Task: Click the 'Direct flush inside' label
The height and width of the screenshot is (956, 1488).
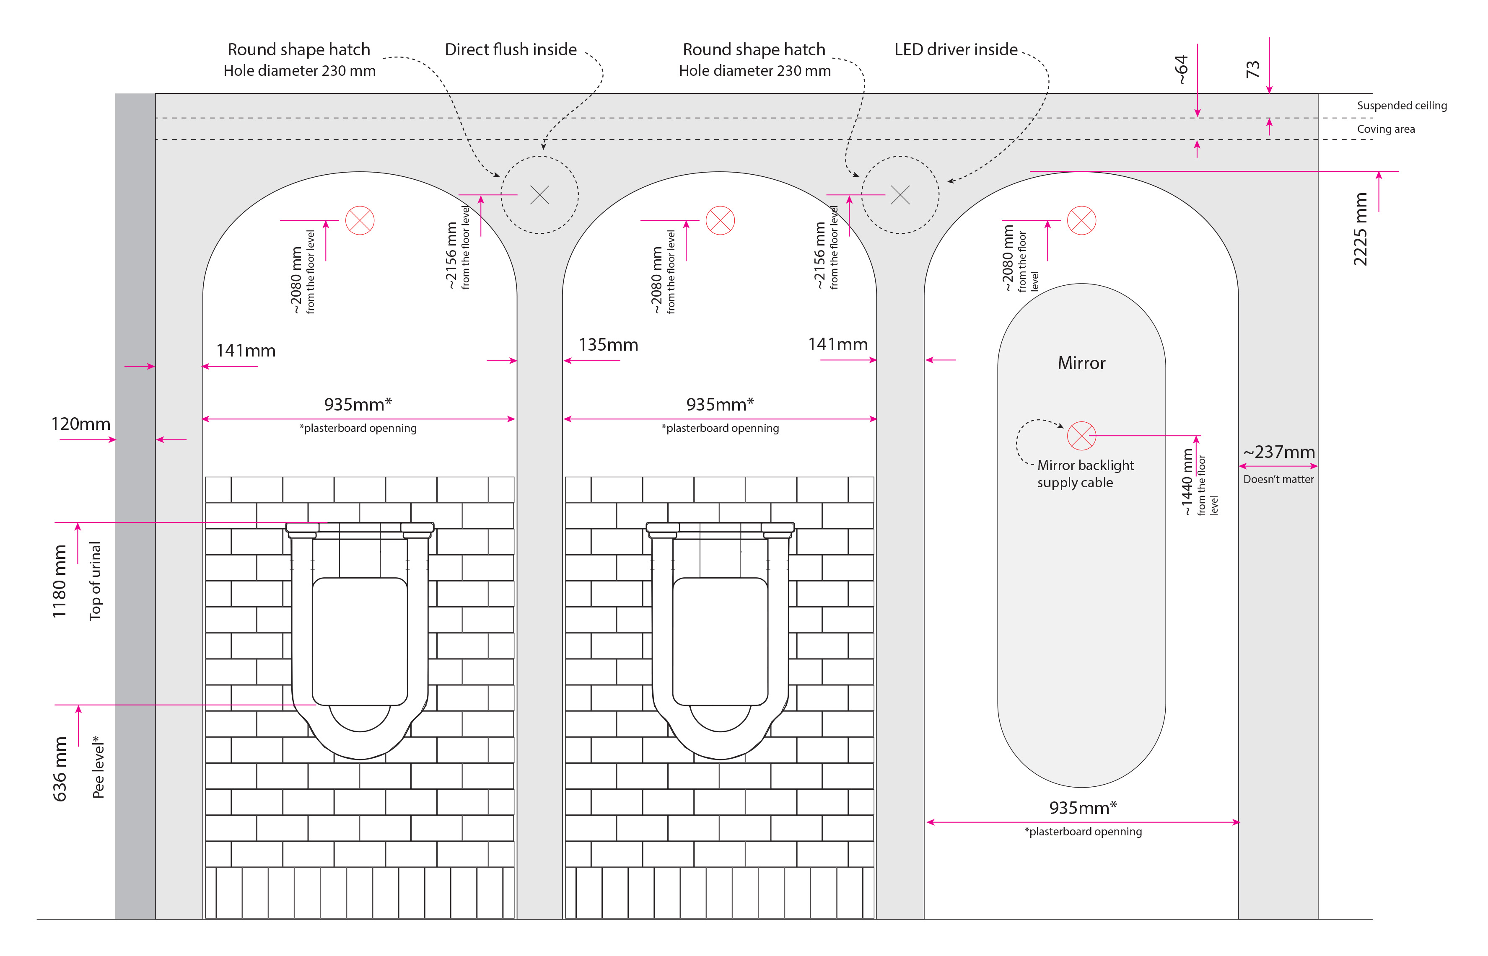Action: (511, 50)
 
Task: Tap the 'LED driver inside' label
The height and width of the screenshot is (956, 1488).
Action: (955, 50)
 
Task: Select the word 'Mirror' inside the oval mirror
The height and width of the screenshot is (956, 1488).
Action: (1081, 363)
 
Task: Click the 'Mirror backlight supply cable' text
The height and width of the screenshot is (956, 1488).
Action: (1084, 474)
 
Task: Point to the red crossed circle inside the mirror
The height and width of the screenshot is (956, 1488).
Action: (1081, 436)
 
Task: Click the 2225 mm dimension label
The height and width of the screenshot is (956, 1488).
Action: (1360, 229)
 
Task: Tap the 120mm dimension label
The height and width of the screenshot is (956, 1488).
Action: (81, 424)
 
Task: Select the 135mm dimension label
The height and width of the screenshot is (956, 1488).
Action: (608, 345)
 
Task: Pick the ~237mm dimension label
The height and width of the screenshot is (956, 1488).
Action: (1279, 452)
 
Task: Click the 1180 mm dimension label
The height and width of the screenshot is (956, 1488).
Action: (59, 581)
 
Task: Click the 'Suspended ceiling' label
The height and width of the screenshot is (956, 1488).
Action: (1401, 106)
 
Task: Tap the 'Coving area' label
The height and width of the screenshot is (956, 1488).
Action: (1386, 129)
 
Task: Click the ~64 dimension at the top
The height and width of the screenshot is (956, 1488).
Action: (1181, 70)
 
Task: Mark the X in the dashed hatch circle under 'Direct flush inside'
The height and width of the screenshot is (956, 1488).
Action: (540, 195)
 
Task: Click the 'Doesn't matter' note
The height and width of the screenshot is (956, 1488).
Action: (1278, 479)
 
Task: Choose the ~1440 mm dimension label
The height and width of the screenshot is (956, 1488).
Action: (1187, 482)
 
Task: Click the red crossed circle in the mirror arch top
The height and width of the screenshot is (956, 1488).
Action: (1081, 220)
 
